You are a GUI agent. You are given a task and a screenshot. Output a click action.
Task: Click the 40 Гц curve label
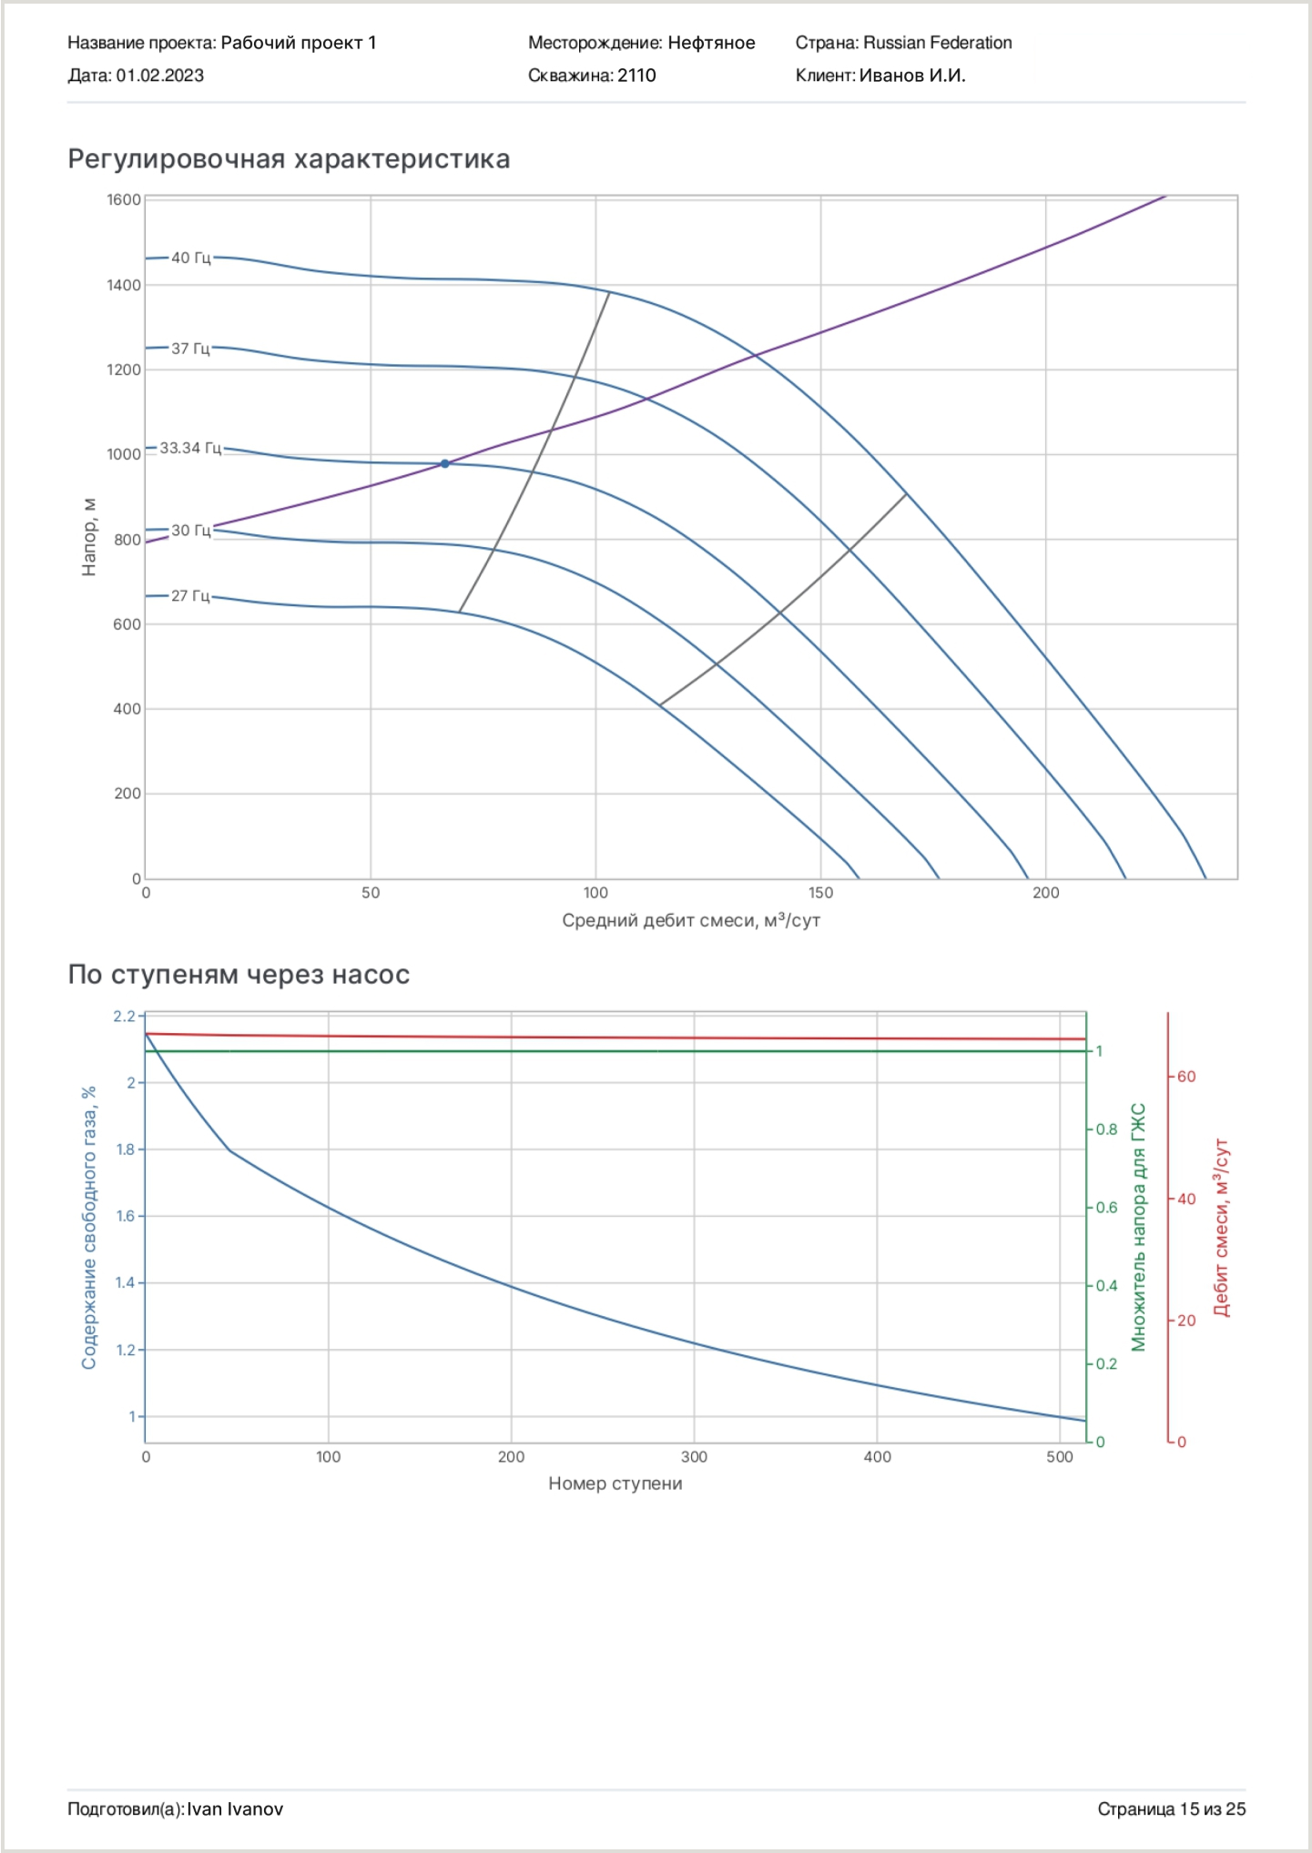(190, 258)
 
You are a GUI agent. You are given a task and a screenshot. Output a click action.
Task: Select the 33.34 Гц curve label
(190, 448)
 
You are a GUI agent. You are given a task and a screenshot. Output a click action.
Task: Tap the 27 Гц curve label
(190, 595)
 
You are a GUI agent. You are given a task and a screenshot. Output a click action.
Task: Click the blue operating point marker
(444, 464)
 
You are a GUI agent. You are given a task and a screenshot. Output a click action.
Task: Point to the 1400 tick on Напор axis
(124, 285)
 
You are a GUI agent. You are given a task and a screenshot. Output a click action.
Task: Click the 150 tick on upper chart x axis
(820, 893)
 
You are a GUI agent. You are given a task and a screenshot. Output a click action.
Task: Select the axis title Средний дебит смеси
(691, 920)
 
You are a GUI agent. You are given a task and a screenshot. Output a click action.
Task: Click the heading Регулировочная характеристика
(289, 159)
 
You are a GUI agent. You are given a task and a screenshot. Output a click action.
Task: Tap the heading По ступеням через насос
(239, 975)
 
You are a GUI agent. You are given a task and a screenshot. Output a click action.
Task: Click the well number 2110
(636, 76)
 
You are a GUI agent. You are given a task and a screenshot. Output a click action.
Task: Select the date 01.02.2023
(159, 76)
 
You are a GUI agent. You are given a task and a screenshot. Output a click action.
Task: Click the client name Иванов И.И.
(912, 76)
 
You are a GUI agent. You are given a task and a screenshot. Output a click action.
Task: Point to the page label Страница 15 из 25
(1171, 1808)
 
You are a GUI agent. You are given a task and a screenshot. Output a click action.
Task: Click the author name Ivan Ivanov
(235, 1808)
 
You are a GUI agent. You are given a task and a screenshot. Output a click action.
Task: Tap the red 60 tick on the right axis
(1186, 1077)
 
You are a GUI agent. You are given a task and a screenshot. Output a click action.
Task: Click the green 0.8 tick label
(1106, 1129)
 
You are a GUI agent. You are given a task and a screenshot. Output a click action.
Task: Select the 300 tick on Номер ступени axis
(694, 1456)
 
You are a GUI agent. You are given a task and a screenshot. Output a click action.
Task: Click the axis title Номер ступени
(615, 1483)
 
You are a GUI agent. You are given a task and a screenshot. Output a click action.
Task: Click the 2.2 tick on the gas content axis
(124, 1016)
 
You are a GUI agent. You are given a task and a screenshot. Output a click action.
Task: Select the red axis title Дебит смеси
(1221, 1227)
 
